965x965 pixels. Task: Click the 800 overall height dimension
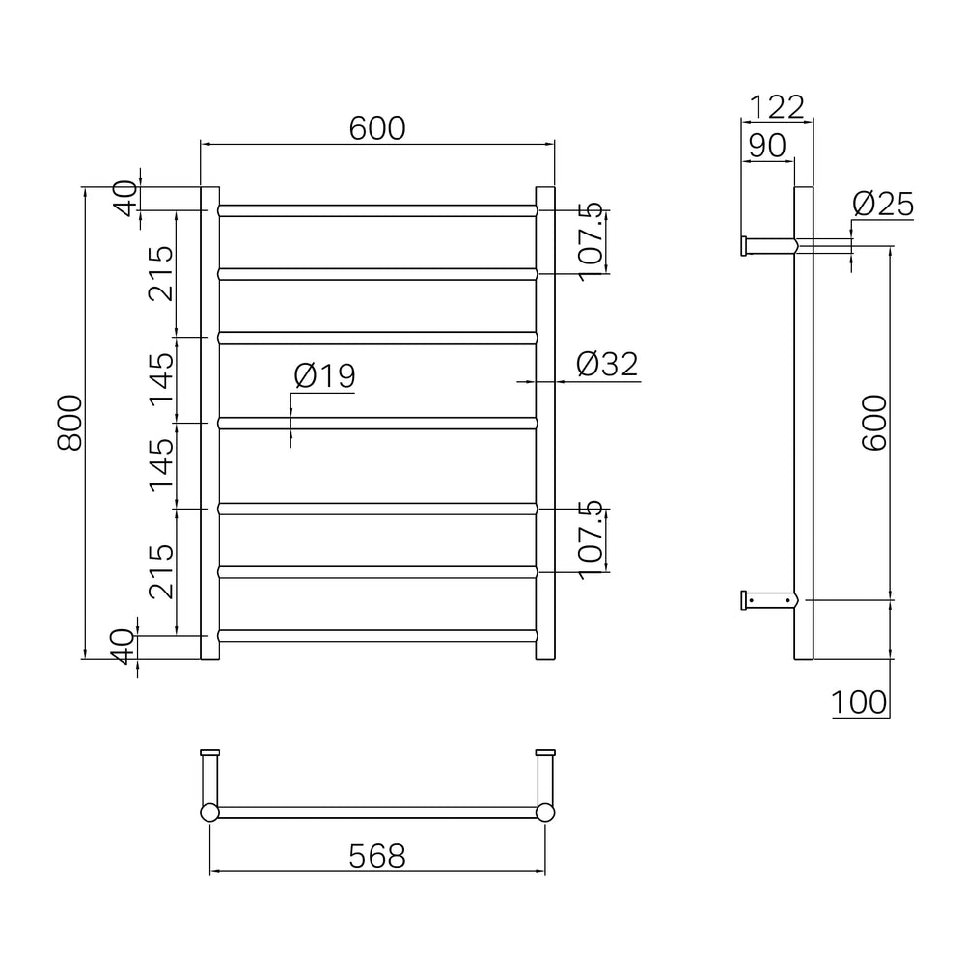point(69,423)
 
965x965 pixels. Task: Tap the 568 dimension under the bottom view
point(377,855)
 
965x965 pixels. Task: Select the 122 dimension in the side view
point(777,107)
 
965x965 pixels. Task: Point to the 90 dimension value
point(767,146)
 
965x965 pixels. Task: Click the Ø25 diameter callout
point(883,205)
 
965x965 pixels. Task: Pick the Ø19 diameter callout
point(324,375)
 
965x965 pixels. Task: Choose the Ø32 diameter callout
point(607,364)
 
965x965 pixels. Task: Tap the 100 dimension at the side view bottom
point(859,703)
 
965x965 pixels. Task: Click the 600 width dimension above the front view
point(377,128)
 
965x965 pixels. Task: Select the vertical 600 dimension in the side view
point(874,423)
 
